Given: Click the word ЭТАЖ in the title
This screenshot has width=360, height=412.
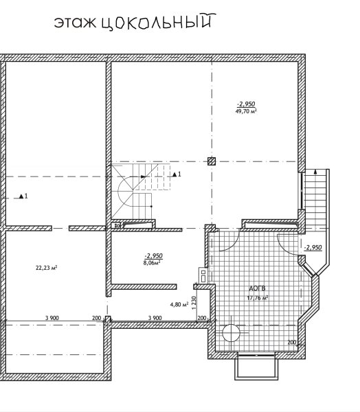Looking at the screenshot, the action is [76, 23].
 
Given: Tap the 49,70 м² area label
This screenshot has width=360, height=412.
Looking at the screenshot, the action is [246, 111].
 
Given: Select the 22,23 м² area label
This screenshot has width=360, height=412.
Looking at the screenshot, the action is [47, 268].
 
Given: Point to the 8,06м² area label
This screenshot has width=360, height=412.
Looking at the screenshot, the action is [153, 263].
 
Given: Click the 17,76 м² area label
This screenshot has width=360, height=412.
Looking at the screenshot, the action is [258, 298].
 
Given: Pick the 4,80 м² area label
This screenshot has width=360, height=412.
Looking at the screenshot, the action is [179, 304].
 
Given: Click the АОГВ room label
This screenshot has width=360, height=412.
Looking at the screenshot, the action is [257, 288].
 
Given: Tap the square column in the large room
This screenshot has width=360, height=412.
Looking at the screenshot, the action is [212, 161].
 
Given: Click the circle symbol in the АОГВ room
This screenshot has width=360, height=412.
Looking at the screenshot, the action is [231, 333].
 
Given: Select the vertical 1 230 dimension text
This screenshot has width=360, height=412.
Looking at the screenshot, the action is [194, 302].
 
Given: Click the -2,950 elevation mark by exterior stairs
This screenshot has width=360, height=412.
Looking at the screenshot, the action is [313, 247].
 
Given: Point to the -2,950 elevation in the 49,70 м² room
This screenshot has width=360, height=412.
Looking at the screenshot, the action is [246, 104].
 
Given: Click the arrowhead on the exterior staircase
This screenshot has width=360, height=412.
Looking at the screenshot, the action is [315, 172].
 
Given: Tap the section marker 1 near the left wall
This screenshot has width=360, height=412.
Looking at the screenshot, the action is [23, 196].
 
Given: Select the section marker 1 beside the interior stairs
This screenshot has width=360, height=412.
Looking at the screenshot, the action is [177, 174].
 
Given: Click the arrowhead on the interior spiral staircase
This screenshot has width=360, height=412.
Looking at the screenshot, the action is [143, 176].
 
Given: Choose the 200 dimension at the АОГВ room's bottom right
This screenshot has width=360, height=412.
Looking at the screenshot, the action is [292, 343].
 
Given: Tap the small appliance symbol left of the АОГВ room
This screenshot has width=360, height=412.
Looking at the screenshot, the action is [203, 275].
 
